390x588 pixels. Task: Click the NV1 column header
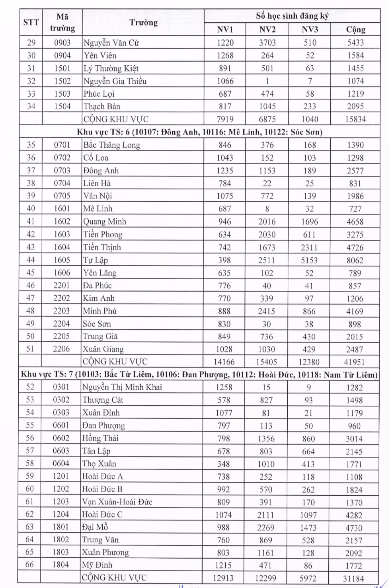225,29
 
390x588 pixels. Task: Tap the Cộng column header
355,29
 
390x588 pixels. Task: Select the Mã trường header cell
62,22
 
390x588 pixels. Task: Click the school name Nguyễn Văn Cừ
111,43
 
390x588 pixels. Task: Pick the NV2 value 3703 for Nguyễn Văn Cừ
267,43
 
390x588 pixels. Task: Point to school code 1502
62,81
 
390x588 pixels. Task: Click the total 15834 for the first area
355,119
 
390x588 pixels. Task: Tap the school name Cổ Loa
96,158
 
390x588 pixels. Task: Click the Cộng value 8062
355,260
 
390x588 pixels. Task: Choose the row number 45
31,273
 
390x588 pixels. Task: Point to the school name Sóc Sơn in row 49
97,324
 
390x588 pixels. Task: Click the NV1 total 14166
224,362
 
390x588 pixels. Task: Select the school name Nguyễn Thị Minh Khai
122,387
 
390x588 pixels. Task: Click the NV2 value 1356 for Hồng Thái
266,438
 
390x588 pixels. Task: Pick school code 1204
61,514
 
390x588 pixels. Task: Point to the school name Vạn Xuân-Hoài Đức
117,502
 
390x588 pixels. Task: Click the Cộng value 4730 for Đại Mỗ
354,528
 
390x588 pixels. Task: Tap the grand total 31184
354,578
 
